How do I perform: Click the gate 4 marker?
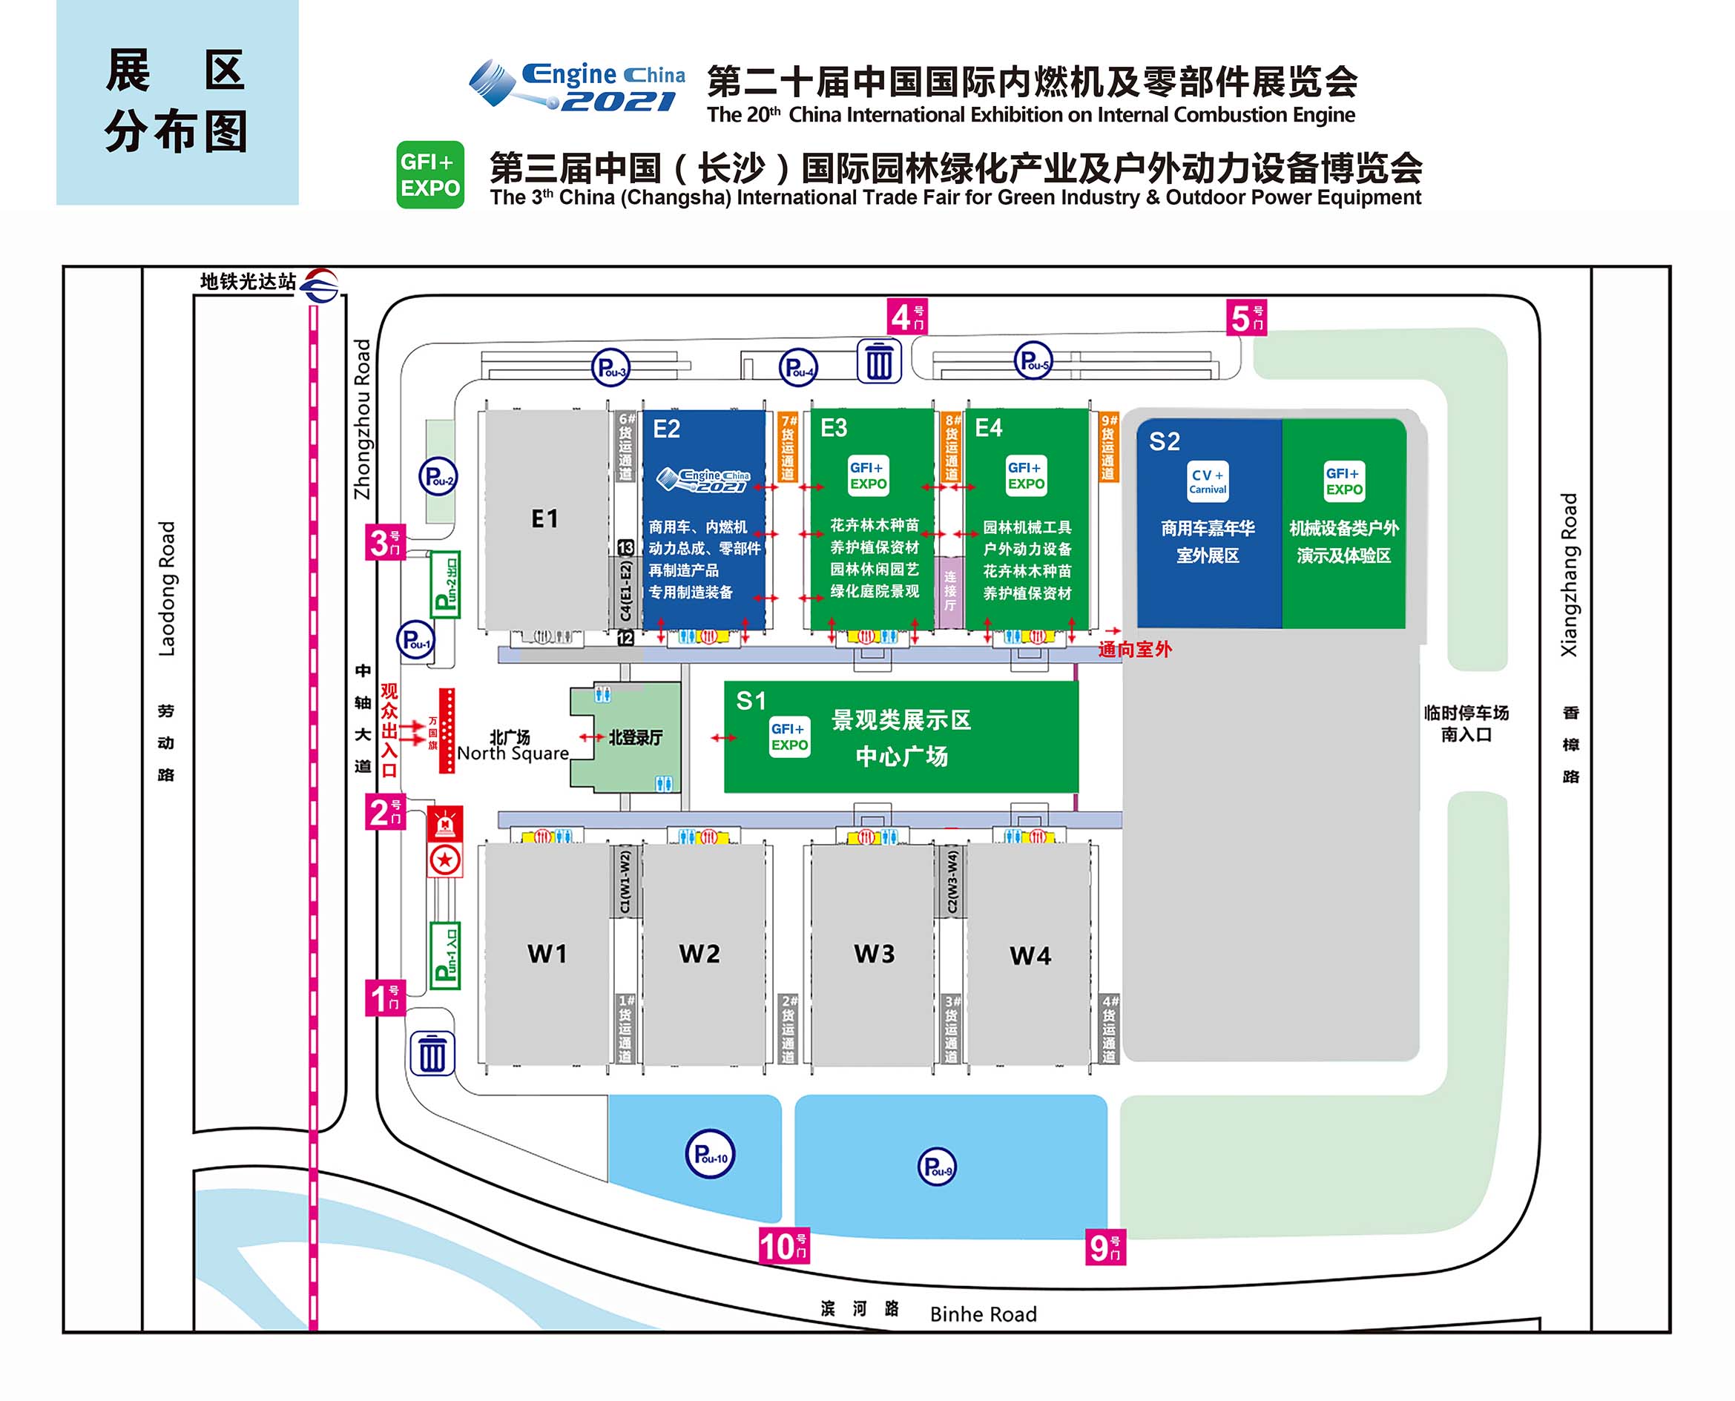(907, 317)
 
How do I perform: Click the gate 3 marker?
(385, 542)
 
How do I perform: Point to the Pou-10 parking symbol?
(710, 1154)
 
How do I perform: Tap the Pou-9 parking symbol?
(937, 1167)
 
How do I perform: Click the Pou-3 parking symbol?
(610, 368)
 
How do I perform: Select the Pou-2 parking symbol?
(438, 477)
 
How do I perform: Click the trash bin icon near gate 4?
(879, 361)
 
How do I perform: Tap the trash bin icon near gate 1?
(432, 1053)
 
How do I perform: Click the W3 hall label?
(874, 954)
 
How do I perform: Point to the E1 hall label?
(544, 518)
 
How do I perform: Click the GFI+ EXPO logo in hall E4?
(1026, 475)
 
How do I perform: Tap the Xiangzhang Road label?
(1569, 575)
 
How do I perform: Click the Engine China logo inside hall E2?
(704, 479)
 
